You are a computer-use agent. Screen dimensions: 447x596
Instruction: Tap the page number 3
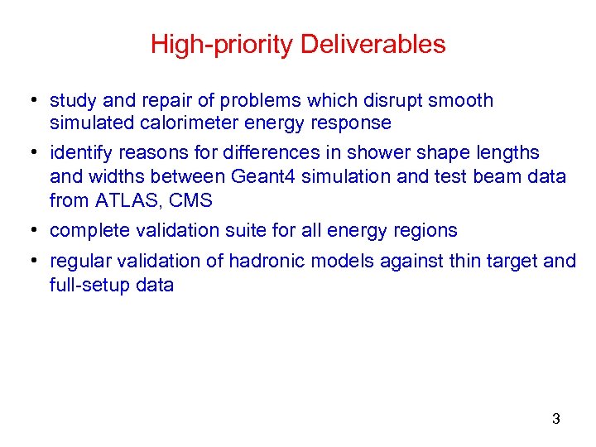pos(555,419)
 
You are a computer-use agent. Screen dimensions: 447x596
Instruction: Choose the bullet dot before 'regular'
pos(29,262)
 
